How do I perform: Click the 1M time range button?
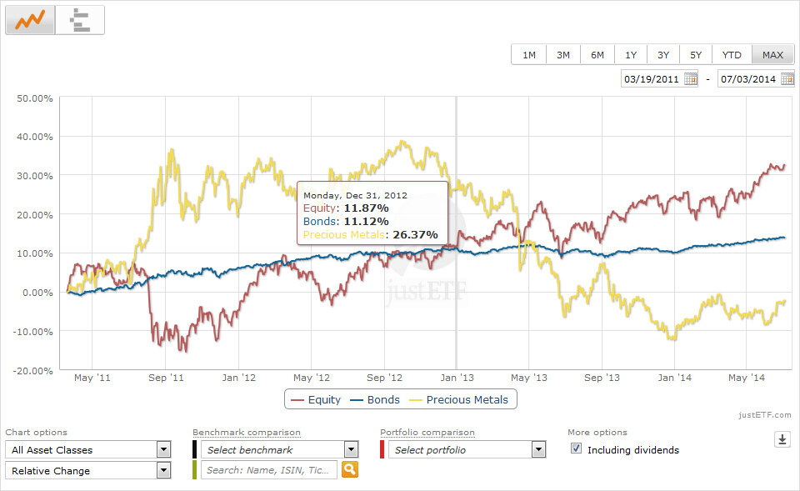[x=529, y=55]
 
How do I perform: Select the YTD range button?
[x=732, y=55]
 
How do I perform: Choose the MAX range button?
[x=772, y=55]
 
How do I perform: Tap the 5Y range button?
[x=695, y=55]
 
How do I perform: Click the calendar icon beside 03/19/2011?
[x=691, y=79]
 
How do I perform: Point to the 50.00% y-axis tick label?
[x=35, y=98]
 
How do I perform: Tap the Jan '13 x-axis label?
[x=454, y=378]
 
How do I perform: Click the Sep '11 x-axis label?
[x=166, y=378]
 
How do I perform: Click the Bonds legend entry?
[x=374, y=399]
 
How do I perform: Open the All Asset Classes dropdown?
[x=87, y=450]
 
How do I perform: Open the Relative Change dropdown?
[x=87, y=471]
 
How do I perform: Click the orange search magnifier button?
[x=350, y=470]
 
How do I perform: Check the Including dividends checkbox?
[x=576, y=449]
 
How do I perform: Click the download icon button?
[x=782, y=439]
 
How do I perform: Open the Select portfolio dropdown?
[x=463, y=450]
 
